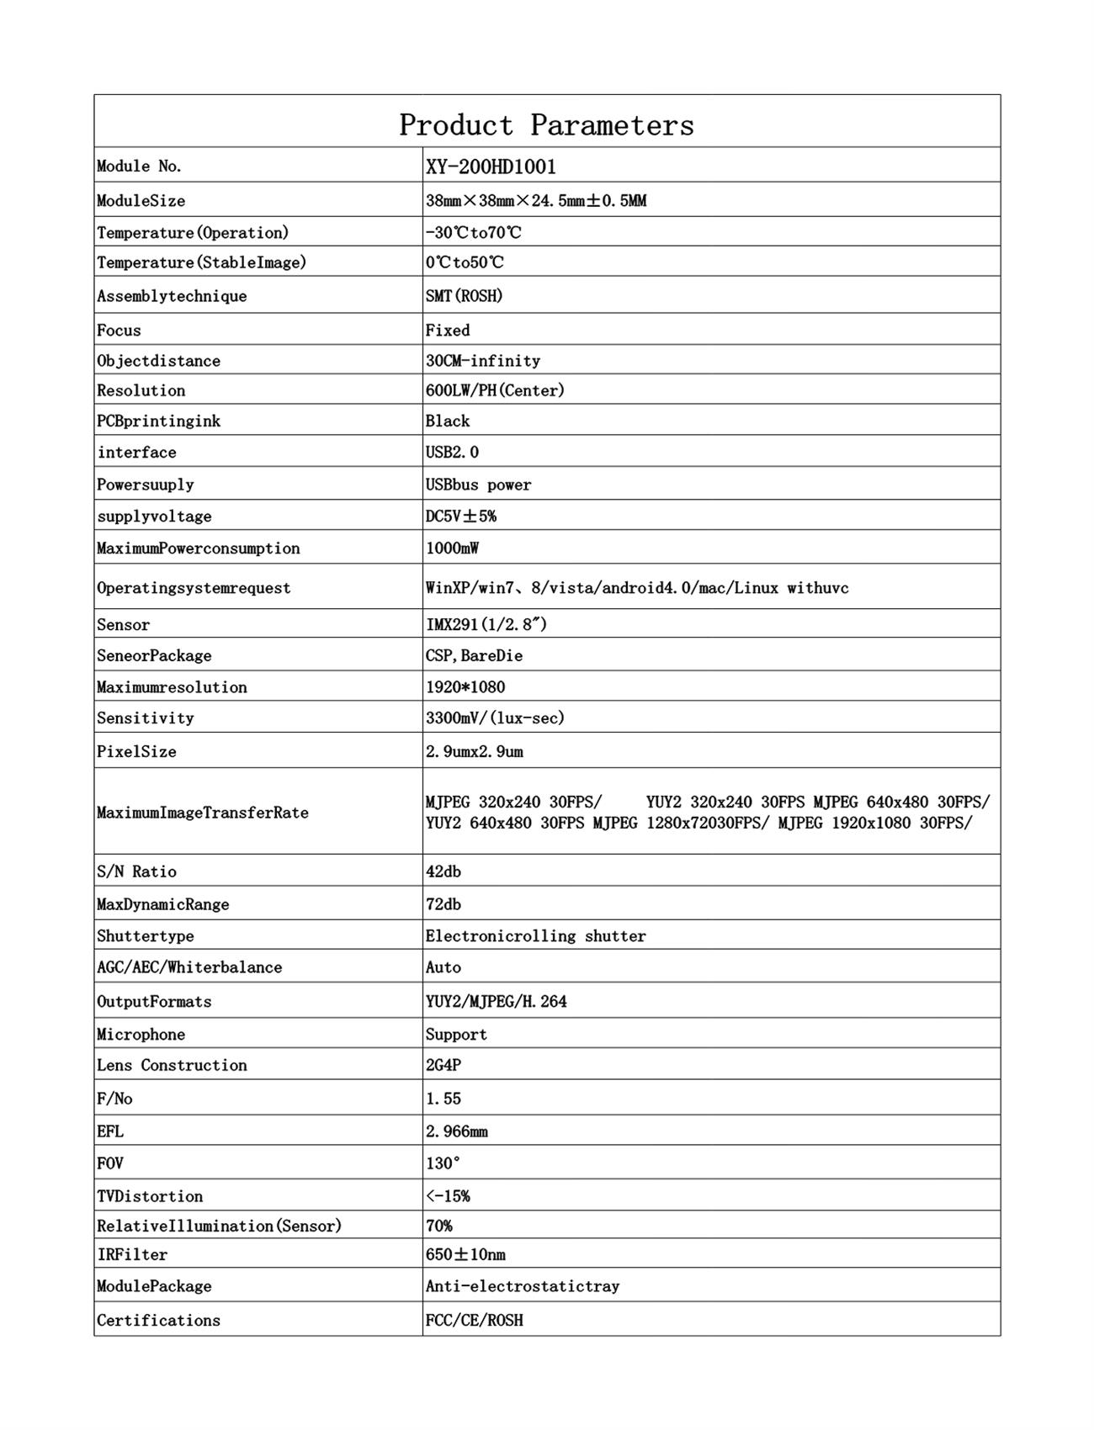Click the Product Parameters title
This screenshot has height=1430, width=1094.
(546, 125)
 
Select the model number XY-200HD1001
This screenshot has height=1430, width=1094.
(491, 167)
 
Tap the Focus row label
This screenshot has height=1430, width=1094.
(119, 331)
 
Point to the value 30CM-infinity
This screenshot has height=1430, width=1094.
(482, 361)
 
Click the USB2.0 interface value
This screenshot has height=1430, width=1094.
(452, 453)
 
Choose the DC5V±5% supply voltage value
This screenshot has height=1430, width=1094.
(460, 516)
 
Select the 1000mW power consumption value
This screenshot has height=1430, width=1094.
(452, 548)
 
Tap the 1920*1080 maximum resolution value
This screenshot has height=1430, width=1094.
(465, 687)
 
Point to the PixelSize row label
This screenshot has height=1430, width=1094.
(136, 752)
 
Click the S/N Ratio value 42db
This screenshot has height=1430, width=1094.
(443, 872)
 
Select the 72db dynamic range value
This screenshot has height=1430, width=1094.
(443, 905)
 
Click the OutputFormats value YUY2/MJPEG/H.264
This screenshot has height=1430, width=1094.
(496, 1002)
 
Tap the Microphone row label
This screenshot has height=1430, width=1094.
(141, 1035)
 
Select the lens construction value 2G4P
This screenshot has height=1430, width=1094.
(443, 1066)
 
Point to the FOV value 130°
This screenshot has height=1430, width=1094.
(443, 1164)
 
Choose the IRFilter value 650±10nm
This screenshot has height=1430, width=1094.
(465, 1255)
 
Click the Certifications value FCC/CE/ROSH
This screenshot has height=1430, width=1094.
(474, 1321)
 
